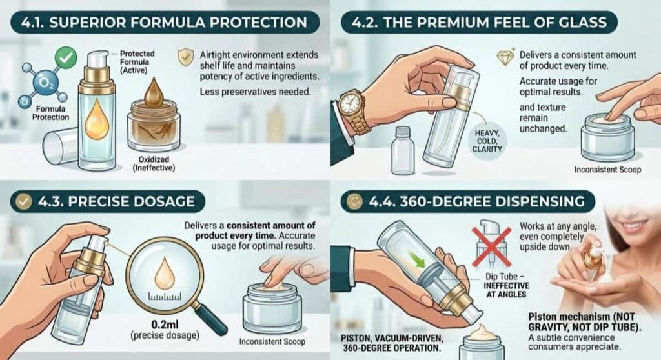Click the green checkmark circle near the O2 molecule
66,57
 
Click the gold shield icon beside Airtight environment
185,57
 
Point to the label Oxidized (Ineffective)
154,164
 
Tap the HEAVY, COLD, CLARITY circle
487,141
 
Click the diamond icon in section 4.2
505,57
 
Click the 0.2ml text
165,325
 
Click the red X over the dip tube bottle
491,246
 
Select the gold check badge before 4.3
24,201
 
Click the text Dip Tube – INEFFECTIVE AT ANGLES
506,285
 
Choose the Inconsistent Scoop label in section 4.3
272,341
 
